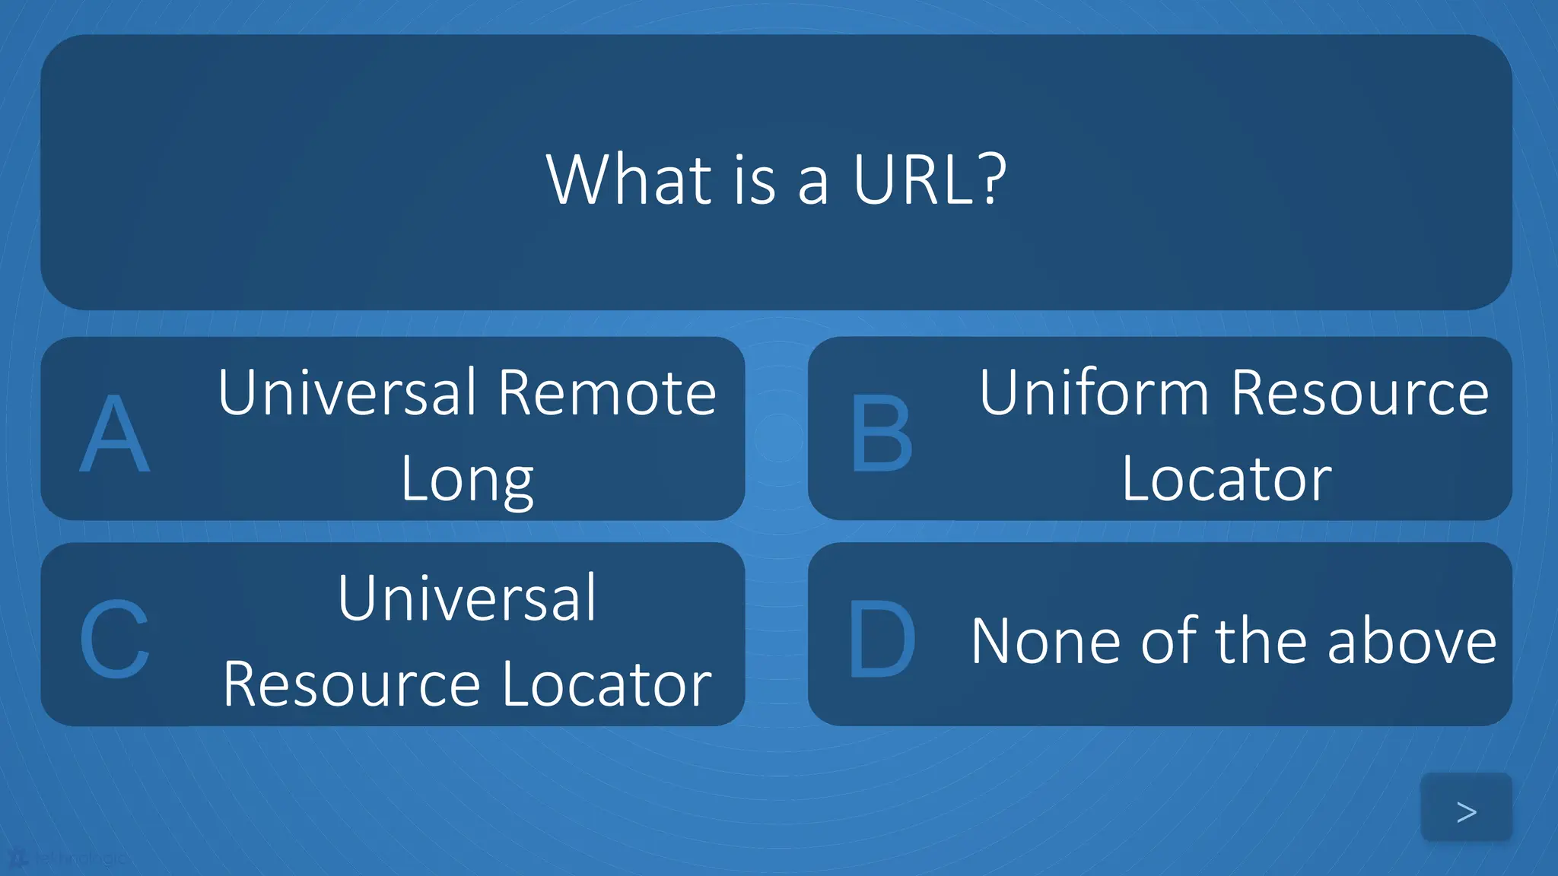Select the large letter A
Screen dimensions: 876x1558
[x=115, y=435]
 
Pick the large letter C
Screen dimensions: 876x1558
[x=115, y=639]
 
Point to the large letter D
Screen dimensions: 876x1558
[x=882, y=639]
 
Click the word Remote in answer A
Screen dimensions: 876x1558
[x=607, y=392]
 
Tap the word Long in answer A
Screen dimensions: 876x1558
[x=467, y=481]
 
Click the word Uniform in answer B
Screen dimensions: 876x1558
[x=1093, y=392]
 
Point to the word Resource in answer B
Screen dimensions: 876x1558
[x=1359, y=392]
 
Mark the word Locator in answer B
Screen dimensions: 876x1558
[x=1227, y=479]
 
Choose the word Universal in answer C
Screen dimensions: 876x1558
[x=467, y=598]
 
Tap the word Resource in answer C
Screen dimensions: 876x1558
[x=351, y=685]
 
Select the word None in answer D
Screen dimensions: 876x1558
[x=1045, y=642]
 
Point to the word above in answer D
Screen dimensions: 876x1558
[x=1412, y=642]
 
